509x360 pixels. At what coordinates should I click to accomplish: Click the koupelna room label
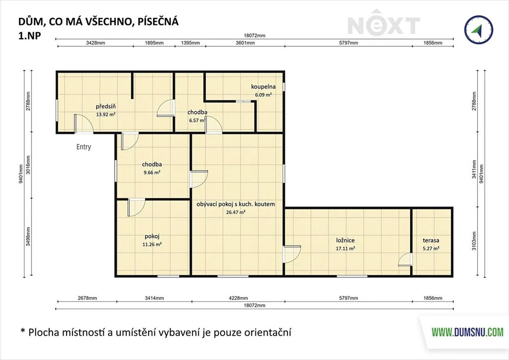coord(263,87)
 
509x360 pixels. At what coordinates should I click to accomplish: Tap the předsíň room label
coord(106,106)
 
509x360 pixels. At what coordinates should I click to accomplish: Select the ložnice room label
coord(345,241)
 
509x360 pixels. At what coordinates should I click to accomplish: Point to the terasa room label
coord(431,241)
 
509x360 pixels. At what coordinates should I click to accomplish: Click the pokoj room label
coord(152,237)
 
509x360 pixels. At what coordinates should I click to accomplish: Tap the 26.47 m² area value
coord(235,212)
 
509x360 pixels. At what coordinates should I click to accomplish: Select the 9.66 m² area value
coord(152,173)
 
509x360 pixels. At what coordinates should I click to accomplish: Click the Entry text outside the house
coord(84,147)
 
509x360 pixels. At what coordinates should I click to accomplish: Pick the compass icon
coord(479,29)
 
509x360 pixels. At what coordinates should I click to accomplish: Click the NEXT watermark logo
coord(384,23)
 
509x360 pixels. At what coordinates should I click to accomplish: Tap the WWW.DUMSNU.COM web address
coord(467,332)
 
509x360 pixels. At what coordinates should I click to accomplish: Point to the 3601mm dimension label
coord(245,43)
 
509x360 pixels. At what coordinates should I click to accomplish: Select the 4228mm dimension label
coord(238,298)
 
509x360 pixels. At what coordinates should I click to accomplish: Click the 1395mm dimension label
coord(190,43)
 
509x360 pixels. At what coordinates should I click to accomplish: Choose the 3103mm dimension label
coord(475,241)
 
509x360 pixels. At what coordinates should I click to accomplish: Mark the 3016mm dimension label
coord(28,165)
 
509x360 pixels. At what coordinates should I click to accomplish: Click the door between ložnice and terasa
coord(406,260)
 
